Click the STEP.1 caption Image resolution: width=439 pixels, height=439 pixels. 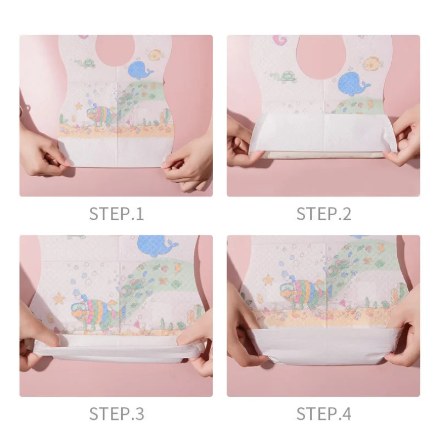point(116,214)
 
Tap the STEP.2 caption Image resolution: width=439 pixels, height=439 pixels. point(324,214)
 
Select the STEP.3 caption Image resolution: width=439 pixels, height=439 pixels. point(116,414)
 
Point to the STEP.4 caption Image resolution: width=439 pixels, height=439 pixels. point(324,414)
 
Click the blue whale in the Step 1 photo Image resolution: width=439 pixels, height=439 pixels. point(140,70)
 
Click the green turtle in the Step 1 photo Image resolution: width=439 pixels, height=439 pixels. point(86,64)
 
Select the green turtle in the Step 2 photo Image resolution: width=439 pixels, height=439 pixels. point(285,76)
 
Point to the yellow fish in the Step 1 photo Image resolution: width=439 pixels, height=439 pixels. point(155,55)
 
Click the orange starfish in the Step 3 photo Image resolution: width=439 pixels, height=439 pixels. point(59,299)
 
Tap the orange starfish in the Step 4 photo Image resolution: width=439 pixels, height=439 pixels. point(268,279)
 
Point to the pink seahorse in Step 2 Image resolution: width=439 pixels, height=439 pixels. point(279,41)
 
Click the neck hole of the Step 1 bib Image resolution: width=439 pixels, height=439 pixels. point(115,50)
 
